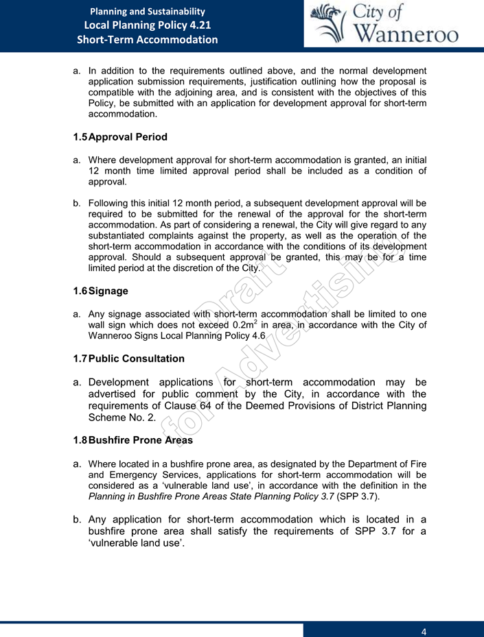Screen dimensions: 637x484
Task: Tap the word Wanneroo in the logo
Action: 407,33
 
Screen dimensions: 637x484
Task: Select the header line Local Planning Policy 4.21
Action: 147,25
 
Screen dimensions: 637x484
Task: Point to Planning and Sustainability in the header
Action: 147,11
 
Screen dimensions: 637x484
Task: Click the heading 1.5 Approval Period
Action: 120,137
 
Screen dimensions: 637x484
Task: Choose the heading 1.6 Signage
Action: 101,291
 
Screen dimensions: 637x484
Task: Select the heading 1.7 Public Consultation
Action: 128,359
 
